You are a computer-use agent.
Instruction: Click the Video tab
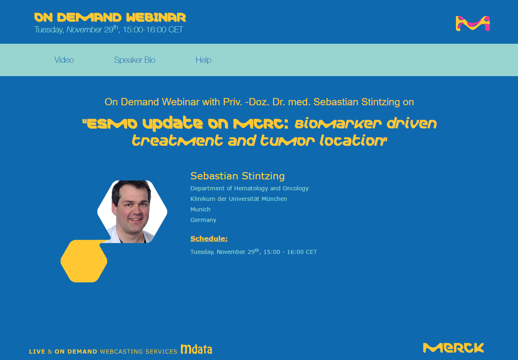(x=64, y=60)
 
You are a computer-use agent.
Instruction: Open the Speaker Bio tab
(x=134, y=60)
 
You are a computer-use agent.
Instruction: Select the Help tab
(x=203, y=60)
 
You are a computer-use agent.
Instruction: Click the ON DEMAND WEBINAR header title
(x=110, y=17)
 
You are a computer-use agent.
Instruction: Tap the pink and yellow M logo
(x=473, y=23)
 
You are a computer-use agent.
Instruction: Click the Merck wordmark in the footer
(x=453, y=348)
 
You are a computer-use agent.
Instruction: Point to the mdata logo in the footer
(x=196, y=349)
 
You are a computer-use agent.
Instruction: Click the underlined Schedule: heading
(x=209, y=239)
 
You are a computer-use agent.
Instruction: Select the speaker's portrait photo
(x=132, y=211)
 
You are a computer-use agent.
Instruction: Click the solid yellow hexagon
(x=84, y=261)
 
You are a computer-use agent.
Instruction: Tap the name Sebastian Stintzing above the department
(x=237, y=176)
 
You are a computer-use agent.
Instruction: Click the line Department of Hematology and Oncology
(x=249, y=188)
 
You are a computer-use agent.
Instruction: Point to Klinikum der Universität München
(x=239, y=199)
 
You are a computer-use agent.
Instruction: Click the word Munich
(x=200, y=209)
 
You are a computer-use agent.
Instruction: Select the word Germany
(x=203, y=220)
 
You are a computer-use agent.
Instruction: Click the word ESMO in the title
(x=112, y=124)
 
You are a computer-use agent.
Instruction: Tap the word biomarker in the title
(x=338, y=124)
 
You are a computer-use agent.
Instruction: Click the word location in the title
(x=352, y=141)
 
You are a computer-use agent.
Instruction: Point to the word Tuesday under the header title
(x=49, y=30)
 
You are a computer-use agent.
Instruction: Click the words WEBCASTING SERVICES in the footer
(x=139, y=351)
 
